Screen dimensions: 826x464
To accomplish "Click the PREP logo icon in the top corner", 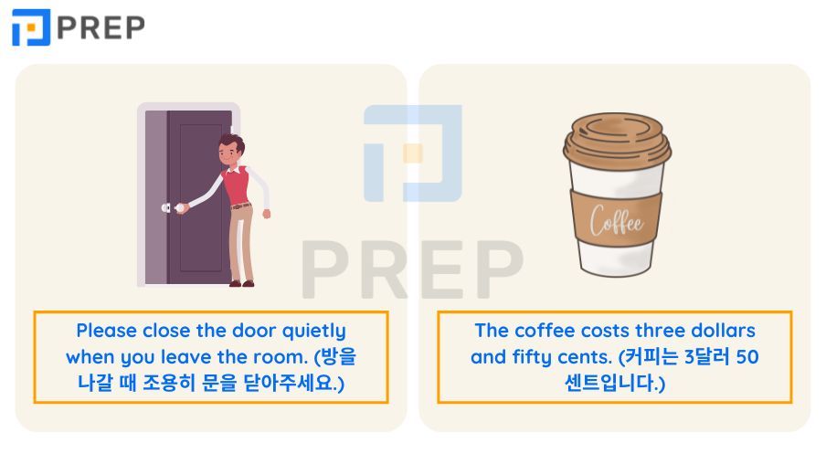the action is (x=31, y=27).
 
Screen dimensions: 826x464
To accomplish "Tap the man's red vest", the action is (x=237, y=186).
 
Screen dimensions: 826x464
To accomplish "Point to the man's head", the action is (x=231, y=149).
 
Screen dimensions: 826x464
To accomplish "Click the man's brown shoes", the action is (x=242, y=284).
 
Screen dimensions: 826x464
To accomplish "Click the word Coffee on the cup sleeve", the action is (x=616, y=220).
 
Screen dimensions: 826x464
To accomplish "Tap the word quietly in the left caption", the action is (x=314, y=332).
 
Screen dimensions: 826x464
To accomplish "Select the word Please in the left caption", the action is (x=107, y=331).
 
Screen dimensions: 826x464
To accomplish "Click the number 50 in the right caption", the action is (x=747, y=357).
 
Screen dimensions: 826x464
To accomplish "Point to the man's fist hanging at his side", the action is (x=267, y=214).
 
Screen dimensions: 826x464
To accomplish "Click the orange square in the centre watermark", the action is (x=412, y=153).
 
